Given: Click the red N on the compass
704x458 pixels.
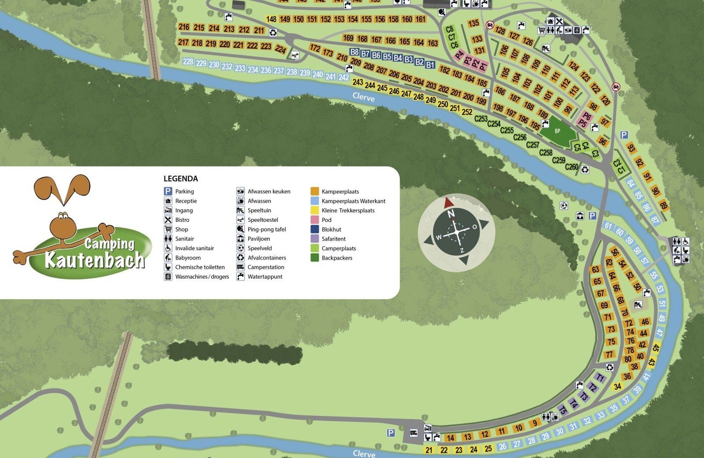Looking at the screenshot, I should tap(451, 214).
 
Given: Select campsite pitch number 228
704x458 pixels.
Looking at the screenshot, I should tap(188, 62).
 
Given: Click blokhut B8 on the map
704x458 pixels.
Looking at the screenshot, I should tap(355, 52).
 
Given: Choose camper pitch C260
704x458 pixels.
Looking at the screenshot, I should tap(572, 167).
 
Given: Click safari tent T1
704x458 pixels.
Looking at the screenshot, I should tap(600, 378).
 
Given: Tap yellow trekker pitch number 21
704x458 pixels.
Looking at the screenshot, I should tap(429, 450).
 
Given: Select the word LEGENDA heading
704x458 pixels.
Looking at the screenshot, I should tap(180, 179).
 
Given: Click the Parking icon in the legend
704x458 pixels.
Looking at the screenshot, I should tap(168, 191).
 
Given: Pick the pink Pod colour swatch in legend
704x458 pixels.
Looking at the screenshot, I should tap(315, 220).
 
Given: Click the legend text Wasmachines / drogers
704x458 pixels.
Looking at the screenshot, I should tap(202, 277).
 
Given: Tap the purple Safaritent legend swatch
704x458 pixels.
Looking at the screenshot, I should tap(315, 239).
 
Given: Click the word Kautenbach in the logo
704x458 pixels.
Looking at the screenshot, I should tap(95, 260).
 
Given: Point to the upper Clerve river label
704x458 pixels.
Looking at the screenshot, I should tap(363, 97).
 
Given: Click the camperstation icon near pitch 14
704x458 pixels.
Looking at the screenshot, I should tap(414, 433).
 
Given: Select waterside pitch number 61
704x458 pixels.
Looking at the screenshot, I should tap(608, 226).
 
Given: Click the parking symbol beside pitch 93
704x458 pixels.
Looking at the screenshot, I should tap(623, 135).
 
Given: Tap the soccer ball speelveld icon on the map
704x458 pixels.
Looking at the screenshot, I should tap(564, 206).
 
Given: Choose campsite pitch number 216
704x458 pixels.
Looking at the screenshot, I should tap(184, 27).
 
